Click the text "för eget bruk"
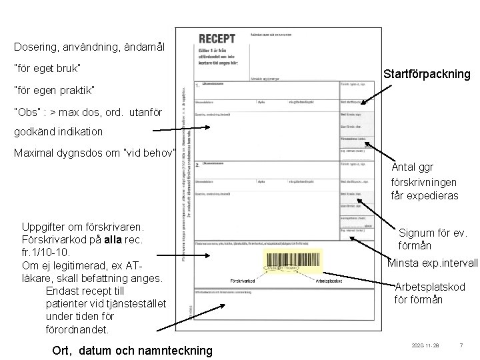point(47,69)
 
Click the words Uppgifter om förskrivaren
point(79,227)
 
